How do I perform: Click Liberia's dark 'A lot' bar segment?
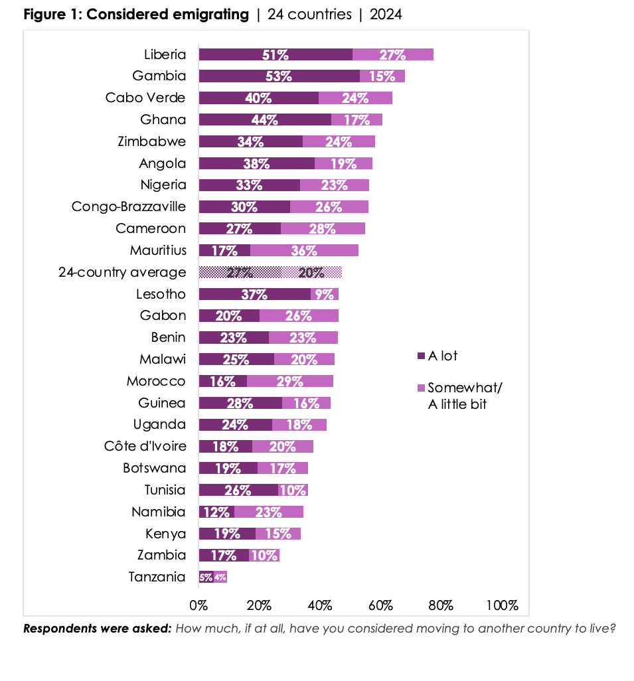point(275,54)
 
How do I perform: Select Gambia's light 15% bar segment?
point(382,76)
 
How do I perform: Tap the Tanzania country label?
point(157,577)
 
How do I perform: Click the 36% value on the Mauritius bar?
point(304,251)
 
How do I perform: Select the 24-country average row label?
point(122,272)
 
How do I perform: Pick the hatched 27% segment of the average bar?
point(240,272)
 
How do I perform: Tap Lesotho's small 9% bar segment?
point(324,294)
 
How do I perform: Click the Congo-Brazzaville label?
point(129,206)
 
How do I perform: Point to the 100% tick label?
point(502,605)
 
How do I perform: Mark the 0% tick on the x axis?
point(198,605)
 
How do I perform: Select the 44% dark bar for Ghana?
point(264,119)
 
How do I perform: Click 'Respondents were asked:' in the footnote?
point(97,628)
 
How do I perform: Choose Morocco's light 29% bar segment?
point(289,381)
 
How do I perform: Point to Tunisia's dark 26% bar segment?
point(238,490)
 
